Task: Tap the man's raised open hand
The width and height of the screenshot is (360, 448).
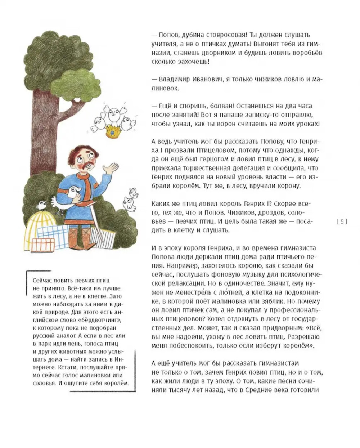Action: click(111, 169)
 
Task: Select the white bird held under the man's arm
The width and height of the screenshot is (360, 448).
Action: click(68, 198)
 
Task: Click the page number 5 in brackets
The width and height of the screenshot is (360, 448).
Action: click(342, 221)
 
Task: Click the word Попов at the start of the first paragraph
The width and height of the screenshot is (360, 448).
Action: click(168, 35)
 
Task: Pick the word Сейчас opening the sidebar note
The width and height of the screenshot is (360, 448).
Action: click(43, 280)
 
